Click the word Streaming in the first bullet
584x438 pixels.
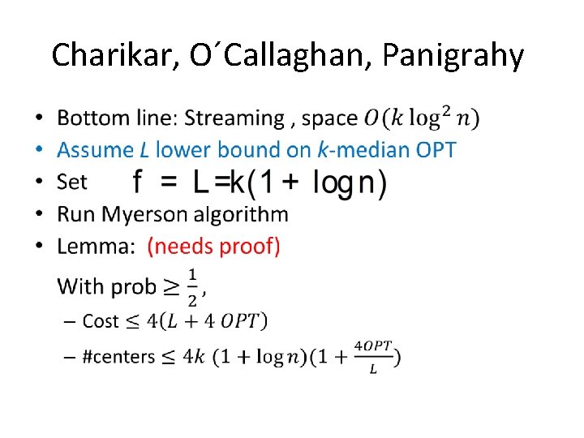pos(234,118)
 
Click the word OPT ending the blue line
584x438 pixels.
pos(434,150)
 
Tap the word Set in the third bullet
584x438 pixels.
pos(71,182)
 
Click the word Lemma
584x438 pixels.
pos(94,247)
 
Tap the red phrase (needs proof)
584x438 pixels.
pos(213,247)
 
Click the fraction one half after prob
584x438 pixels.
pos(192,286)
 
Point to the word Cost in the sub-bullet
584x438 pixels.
pos(101,321)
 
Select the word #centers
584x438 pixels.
pos(118,357)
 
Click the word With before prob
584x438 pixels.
pos(79,286)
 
